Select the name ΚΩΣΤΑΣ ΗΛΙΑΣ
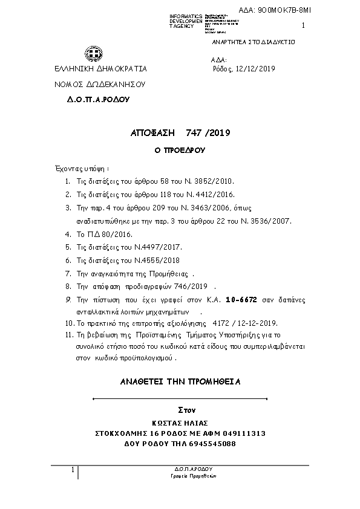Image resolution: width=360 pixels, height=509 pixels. tap(180, 424)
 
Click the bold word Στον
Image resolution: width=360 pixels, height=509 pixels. tap(180, 410)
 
